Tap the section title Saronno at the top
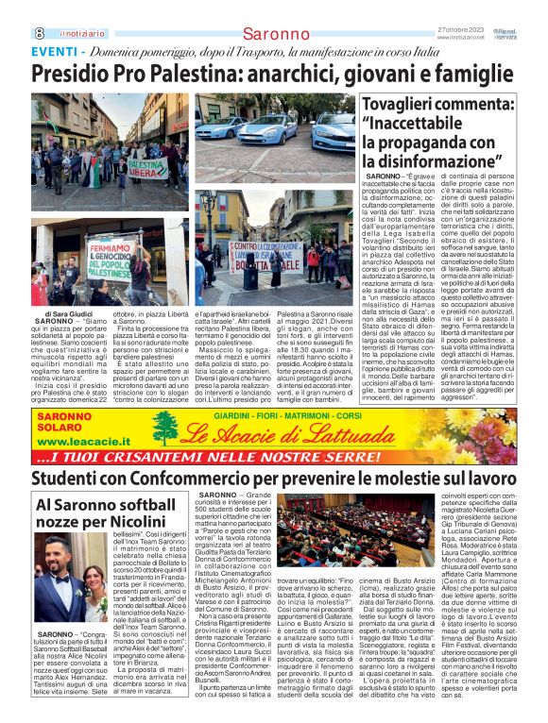coord(274,34)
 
